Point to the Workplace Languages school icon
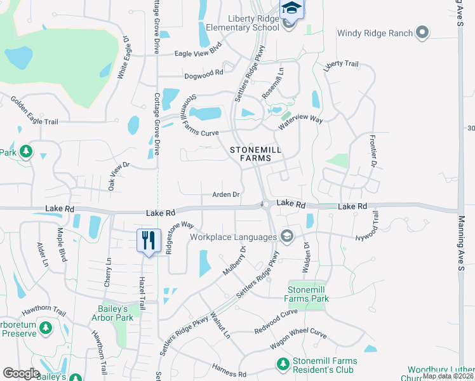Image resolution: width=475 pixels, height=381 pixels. pyautogui.click(x=286, y=237)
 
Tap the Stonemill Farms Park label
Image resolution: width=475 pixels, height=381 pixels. pyautogui.click(x=307, y=294)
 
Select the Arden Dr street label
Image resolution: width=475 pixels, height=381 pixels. pyautogui.click(x=225, y=194)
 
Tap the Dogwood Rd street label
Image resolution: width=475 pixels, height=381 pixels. pyautogui.click(x=204, y=73)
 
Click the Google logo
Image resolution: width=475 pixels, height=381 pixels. pyautogui.click(x=21, y=373)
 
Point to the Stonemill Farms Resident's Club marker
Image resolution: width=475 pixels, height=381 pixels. pyautogui.click(x=283, y=363)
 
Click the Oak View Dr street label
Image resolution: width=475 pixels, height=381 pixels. pyautogui.click(x=119, y=176)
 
